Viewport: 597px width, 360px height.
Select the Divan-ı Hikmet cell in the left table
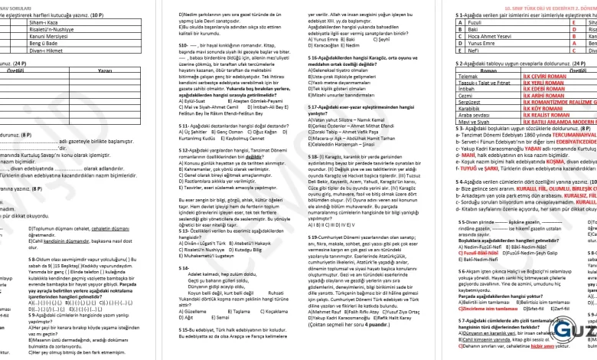(x=45, y=51)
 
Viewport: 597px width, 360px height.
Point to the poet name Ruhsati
(x=271, y=314)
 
